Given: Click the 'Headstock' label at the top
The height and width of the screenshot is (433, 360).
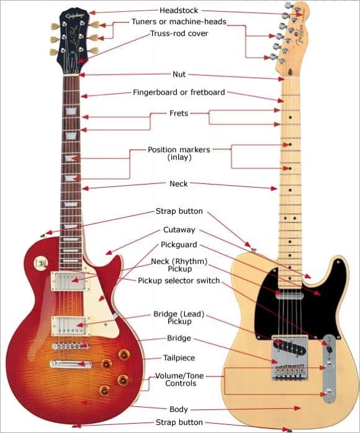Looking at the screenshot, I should point(179,11).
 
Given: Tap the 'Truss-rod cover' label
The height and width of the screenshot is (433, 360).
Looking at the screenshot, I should point(179,34).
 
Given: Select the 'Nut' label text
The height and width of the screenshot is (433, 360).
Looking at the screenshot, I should point(179,75).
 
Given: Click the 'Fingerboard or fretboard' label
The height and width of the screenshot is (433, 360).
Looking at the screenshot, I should point(179,93).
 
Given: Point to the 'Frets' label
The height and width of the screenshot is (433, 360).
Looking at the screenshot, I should point(179,114).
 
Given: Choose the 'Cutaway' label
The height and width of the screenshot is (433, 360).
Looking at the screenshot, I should point(179,230).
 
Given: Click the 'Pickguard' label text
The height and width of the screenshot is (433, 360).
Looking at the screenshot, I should point(179,245).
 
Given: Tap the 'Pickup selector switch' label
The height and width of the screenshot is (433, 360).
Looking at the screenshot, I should point(179,281).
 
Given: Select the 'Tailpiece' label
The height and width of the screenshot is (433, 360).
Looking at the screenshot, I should point(179,358).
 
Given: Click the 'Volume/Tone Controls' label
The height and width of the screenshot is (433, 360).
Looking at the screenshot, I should point(179,380).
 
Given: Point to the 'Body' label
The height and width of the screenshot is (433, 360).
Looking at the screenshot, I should point(179,409).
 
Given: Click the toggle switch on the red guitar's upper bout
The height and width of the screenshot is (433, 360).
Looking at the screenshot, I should point(42,263).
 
